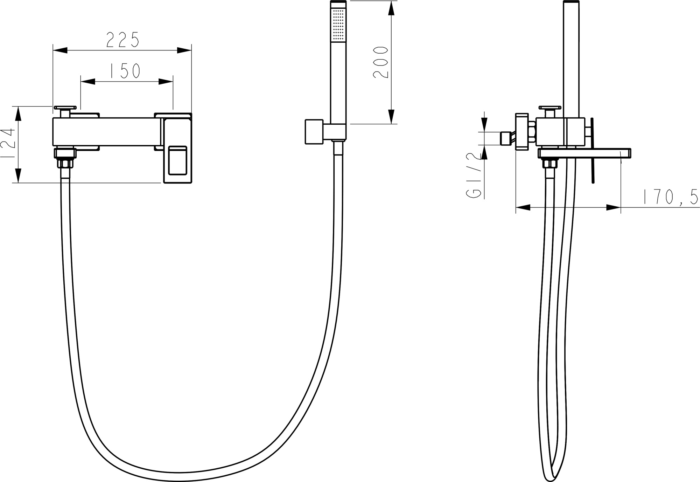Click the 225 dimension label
(x=123, y=39)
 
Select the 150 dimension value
(x=125, y=70)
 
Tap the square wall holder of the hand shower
(x=314, y=132)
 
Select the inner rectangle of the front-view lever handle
(x=178, y=160)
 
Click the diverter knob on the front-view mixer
(x=65, y=111)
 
